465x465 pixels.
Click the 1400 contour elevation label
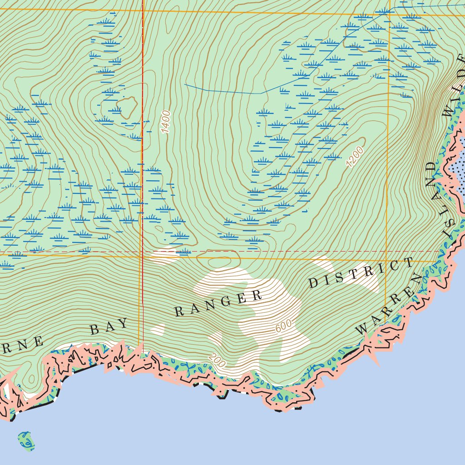pyautogui.click(x=165, y=122)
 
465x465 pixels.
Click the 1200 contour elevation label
pyautogui.click(x=355, y=157)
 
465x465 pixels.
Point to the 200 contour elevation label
pyautogui.click(x=218, y=360)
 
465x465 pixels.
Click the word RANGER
pyautogui.click(x=218, y=304)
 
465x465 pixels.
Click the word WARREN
pyautogui.click(x=386, y=309)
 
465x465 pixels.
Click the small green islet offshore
pyautogui.click(x=26, y=440)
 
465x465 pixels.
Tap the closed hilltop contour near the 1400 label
pyautogui.click(x=126, y=106)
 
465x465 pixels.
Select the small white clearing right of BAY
pyautogui.click(x=158, y=329)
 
